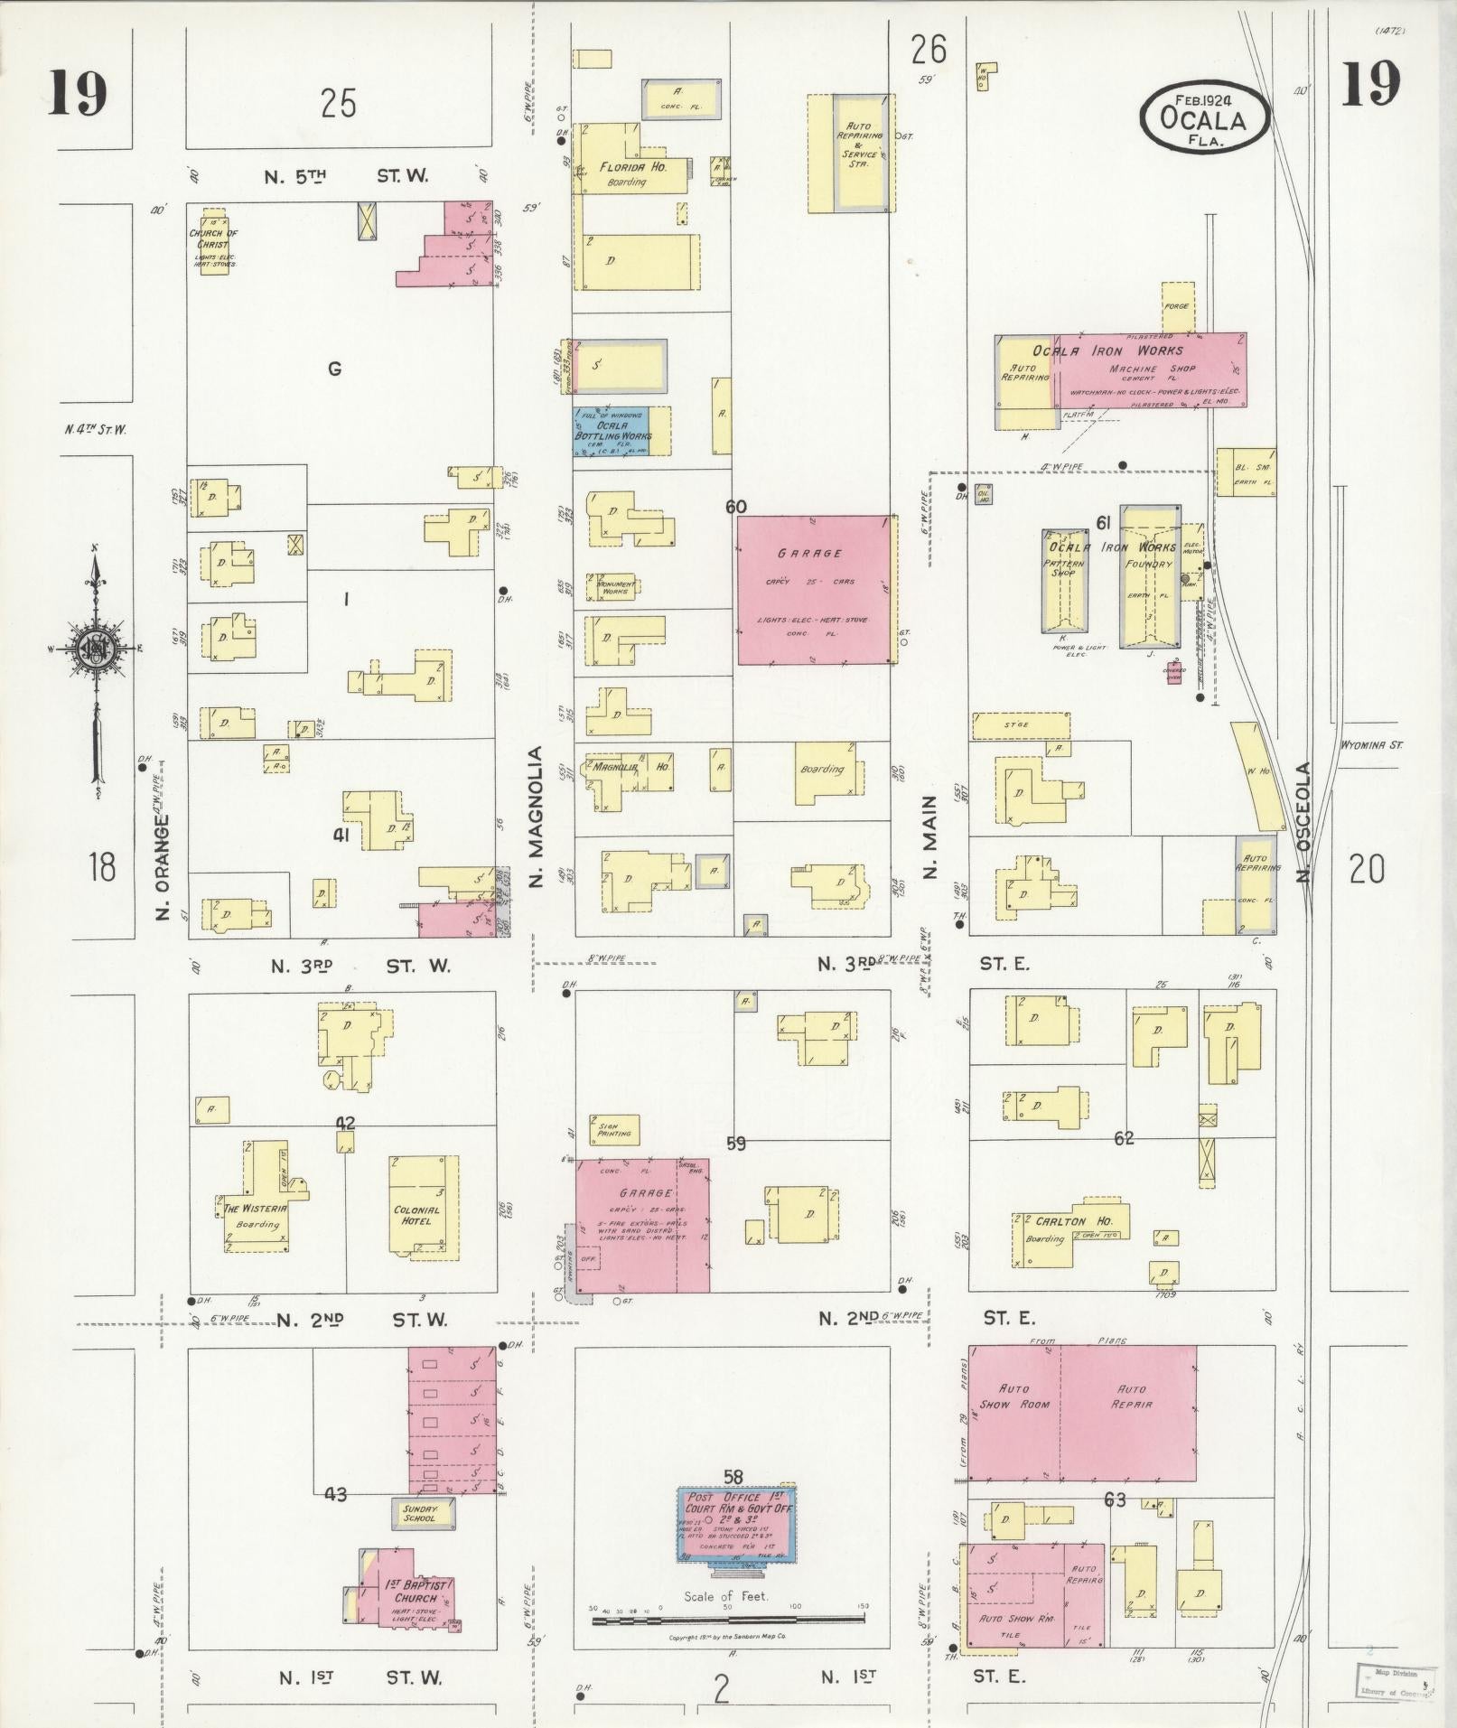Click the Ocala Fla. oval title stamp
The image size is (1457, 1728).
coord(1205,117)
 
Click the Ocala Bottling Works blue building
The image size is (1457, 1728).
coord(612,431)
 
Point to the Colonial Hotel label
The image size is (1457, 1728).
coord(417,1215)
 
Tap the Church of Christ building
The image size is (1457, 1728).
coord(214,242)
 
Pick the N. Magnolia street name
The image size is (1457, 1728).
coord(536,816)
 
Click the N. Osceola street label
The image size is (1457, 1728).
coord(1302,821)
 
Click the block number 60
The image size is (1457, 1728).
coord(735,507)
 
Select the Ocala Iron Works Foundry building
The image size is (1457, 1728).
coord(1149,576)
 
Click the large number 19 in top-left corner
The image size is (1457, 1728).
coord(79,93)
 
